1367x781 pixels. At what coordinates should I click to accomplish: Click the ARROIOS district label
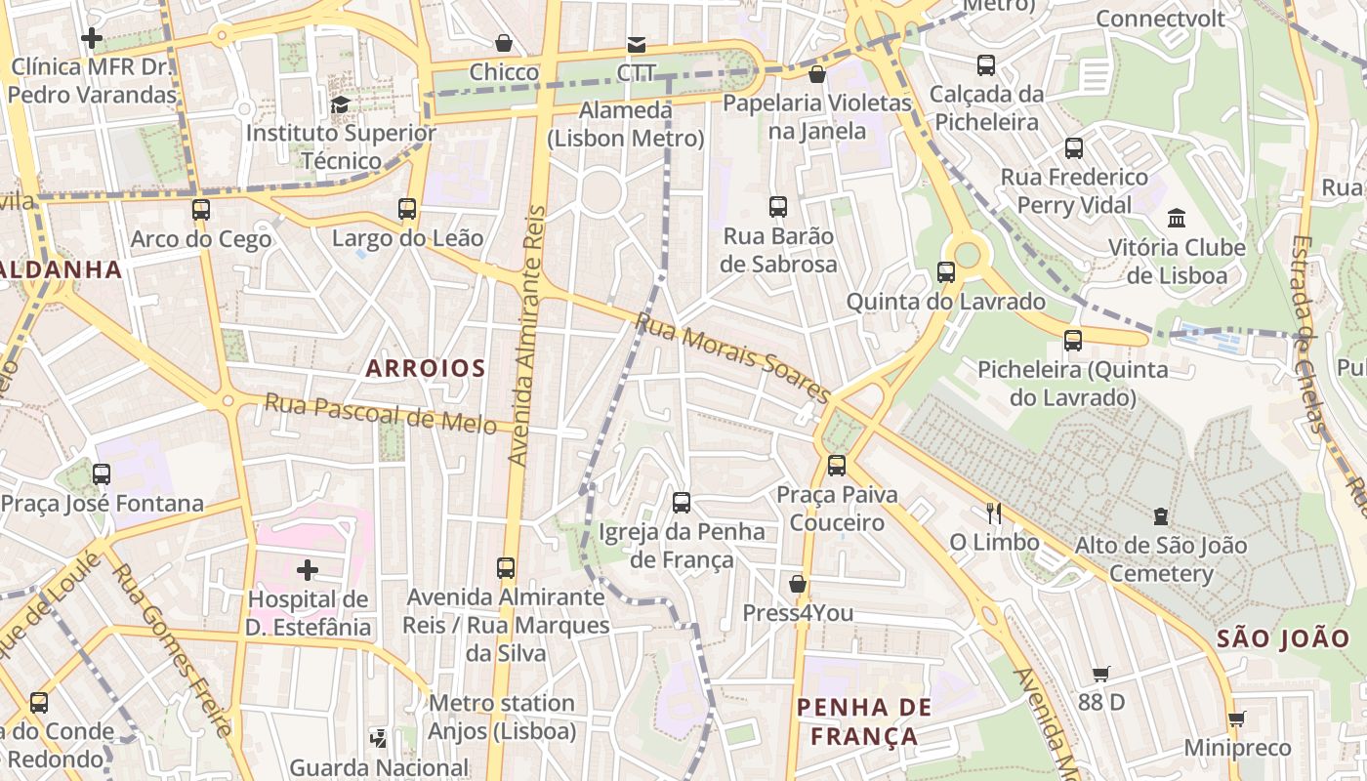tap(425, 368)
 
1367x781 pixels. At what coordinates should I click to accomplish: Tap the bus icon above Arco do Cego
tap(201, 210)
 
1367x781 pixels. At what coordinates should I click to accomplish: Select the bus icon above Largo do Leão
tap(407, 209)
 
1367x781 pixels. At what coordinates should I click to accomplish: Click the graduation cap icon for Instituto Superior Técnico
tap(340, 104)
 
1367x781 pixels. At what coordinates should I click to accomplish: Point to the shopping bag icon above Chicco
tap(504, 43)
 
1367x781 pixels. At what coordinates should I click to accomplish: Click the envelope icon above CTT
tap(637, 44)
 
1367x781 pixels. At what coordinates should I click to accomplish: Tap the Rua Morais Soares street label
tap(732, 358)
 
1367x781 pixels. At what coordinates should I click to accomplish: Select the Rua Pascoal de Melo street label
tap(381, 414)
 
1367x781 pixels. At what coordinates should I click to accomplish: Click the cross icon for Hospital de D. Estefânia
tap(308, 569)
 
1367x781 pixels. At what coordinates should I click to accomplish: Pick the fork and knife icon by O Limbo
tap(994, 513)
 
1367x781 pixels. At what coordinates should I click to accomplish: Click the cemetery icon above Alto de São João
tap(1161, 515)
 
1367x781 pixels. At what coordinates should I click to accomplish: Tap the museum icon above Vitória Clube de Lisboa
tap(1177, 218)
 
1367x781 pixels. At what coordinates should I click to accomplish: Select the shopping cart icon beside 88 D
tap(1101, 674)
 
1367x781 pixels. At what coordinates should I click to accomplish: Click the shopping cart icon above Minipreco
tap(1236, 719)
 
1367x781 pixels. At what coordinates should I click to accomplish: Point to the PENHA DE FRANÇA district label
tap(864, 721)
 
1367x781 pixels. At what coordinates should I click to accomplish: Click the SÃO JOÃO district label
tap(1283, 638)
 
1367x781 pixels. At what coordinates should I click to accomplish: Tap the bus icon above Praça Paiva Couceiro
tap(837, 466)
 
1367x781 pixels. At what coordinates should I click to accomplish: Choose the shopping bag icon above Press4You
tap(798, 584)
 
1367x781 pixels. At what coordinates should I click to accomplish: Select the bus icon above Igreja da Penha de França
tap(682, 503)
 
